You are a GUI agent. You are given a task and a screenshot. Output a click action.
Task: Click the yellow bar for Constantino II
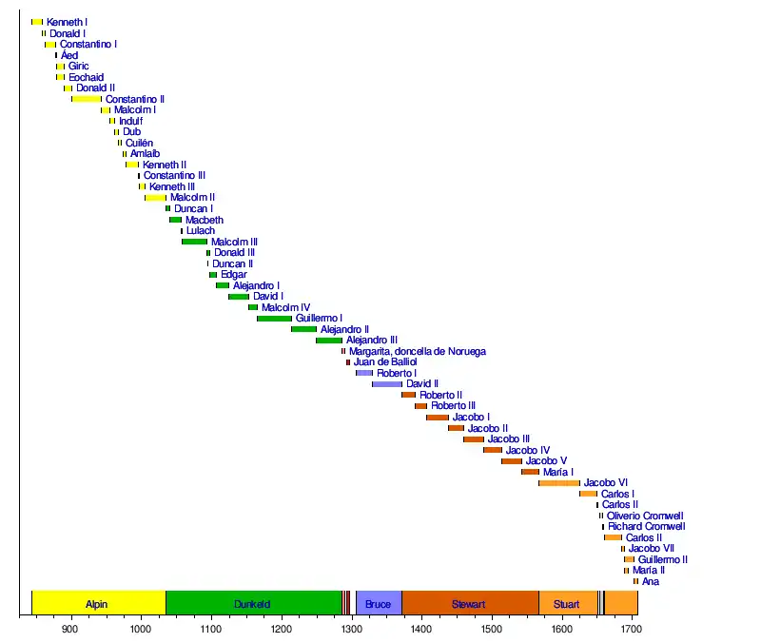click(x=86, y=99)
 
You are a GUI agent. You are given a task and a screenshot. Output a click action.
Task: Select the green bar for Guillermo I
click(x=274, y=319)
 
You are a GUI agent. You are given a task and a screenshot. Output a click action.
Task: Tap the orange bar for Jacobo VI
click(x=558, y=483)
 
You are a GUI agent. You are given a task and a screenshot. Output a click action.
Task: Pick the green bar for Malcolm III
click(x=194, y=242)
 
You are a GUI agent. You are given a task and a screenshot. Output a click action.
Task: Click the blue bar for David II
click(x=386, y=384)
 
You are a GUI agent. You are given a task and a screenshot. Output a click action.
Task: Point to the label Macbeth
click(x=205, y=220)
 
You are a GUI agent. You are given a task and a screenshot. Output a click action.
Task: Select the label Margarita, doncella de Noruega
click(x=418, y=351)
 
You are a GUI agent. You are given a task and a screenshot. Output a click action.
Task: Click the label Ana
click(x=651, y=581)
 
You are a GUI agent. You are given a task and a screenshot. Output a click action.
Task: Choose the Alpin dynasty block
click(x=98, y=603)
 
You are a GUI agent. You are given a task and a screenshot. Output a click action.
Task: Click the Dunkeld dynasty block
click(x=253, y=603)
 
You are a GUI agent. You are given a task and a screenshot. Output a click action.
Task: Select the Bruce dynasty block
click(x=378, y=603)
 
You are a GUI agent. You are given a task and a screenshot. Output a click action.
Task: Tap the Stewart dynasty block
click(x=470, y=603)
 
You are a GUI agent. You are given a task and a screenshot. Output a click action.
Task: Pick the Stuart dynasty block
click(x=567, y=603)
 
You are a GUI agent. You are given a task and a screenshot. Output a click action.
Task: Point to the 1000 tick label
click(x=140, y=628)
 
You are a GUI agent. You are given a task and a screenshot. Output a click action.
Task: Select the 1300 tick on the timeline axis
click(x=351, y=628)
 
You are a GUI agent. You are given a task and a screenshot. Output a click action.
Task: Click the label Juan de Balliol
click(x=385, y=362)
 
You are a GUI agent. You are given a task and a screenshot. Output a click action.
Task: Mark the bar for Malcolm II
click(x=155, y=198)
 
